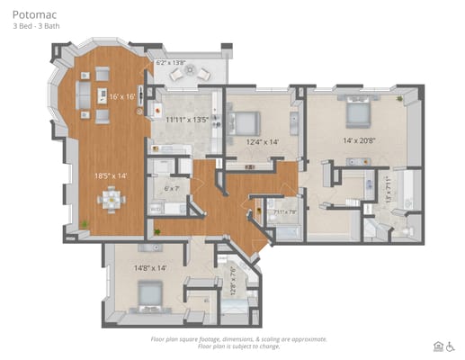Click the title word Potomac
coord(31,15)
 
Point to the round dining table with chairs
coord(112,200)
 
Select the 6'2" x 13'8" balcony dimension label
coord(171,64)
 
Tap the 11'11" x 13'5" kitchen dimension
coord(187,119)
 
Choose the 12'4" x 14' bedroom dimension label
coord(264,141)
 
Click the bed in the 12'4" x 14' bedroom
coord(247,120)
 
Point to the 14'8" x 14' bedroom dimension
coord(150,267)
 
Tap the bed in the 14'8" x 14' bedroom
coord(148,294)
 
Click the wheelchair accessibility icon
coord(451,346)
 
